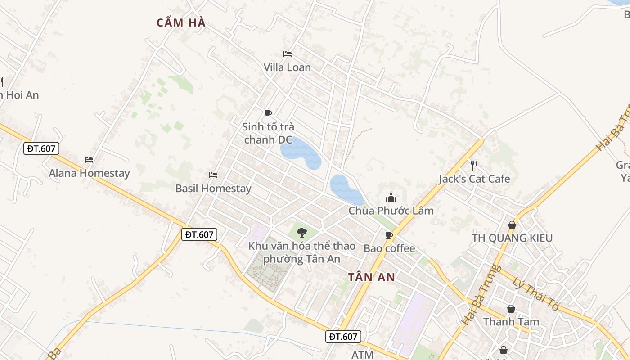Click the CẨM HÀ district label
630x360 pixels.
coord(181,22)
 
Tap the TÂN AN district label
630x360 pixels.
coord(372,277)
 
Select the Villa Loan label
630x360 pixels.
coord(287,67)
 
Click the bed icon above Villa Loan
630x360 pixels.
coord(288,54)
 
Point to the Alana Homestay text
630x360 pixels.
coord(89,173)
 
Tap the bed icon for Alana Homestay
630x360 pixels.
coord(89,159)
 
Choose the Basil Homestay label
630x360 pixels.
coord(213,189)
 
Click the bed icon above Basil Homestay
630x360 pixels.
coord(213,175)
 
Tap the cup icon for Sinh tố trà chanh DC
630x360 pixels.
coord(268,113)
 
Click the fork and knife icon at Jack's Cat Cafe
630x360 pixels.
coord(474,165)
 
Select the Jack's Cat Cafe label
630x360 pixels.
coord(474,179)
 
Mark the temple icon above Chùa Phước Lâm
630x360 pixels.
coord(391,198)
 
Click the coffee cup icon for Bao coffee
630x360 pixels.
coord(389,235)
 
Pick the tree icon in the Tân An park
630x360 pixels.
coord(301,233)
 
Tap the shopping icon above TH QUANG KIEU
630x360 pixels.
coord(512,225)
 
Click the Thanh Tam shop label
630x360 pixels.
coord(511,322)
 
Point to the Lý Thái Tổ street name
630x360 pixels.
coord(535,293)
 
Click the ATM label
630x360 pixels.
coord(362,355)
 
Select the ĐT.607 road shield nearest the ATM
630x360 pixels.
coord(343,337)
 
